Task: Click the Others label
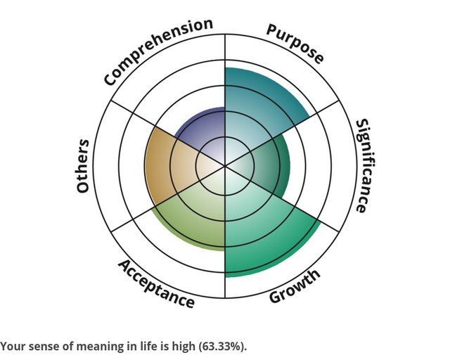(83, 166)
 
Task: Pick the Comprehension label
(157, 51)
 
